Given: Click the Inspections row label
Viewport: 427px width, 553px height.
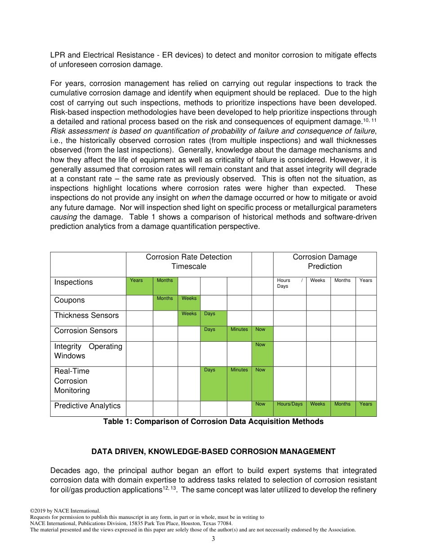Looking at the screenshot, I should click(73, 282).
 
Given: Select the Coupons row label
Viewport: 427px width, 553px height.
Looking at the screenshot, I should click(69, 300).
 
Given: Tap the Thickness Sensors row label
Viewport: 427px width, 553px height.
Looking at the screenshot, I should click(86, 316).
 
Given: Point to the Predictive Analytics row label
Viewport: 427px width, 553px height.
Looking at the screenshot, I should click(87, 406).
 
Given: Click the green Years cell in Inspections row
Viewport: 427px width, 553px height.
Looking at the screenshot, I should click(139, 286).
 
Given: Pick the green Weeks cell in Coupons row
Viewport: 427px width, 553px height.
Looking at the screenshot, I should click(189, 303).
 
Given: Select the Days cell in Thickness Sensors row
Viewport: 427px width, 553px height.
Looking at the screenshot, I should click(213, 318).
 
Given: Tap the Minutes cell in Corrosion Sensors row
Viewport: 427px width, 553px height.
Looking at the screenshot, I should click(239, 333).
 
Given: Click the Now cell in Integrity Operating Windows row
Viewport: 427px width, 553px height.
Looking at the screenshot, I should click(262, 353).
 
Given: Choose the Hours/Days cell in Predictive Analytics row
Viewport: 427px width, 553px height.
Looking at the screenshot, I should click(289, 408).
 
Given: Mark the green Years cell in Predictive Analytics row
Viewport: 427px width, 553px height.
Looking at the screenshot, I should click(365, 408).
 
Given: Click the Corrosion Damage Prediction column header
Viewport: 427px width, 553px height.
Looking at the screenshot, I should click(325, 262).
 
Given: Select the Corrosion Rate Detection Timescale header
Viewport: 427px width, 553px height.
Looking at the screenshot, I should click(189, 262).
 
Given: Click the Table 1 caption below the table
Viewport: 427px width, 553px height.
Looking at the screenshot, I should click(213, 422).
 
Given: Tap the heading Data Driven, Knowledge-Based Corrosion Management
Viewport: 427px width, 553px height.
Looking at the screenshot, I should click(213, 451).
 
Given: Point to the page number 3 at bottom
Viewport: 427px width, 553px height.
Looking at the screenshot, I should click(213, 539).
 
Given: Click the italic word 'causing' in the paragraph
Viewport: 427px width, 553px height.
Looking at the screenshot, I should click(63, 217).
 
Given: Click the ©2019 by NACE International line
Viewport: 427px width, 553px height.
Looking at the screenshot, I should click(65, 511).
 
